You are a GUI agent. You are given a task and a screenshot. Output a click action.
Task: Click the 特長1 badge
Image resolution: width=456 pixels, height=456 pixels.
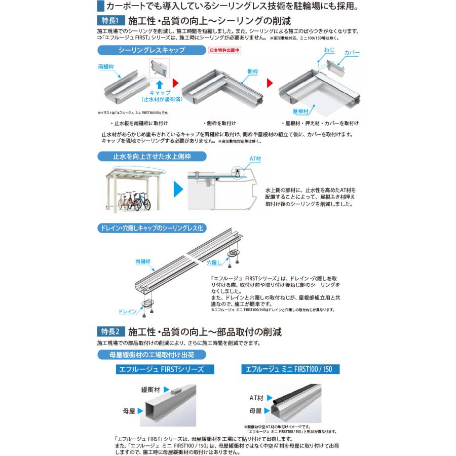point(110,22)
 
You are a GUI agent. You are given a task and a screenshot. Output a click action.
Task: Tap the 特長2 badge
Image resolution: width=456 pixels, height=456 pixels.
point(110,332)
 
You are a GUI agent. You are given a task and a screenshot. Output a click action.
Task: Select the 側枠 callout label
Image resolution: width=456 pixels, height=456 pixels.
point(254,72)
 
